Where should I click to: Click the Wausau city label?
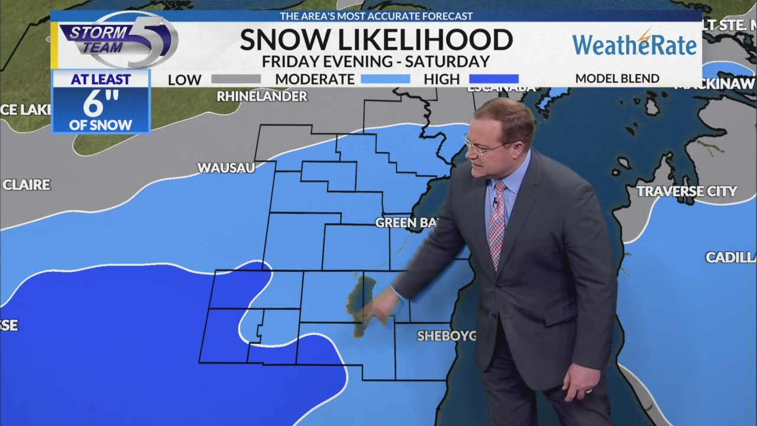[x=226, y=168]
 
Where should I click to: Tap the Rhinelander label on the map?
[x=262, y=96]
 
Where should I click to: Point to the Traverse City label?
[x=687, y=191]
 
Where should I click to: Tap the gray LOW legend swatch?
[x=235, y=79]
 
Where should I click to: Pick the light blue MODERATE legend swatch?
[x=385, y=79]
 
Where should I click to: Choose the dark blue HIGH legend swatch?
[x=493, y=79]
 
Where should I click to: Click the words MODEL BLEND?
[x=617, y=79]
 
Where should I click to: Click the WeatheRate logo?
[x=635, y=44]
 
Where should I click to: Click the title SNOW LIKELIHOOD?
[x=376, y=40]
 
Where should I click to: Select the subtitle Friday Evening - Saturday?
[x=376, y=61]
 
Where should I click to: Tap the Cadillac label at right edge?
[x=731, y=257]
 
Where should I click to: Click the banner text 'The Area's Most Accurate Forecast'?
[x=376, y=16]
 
